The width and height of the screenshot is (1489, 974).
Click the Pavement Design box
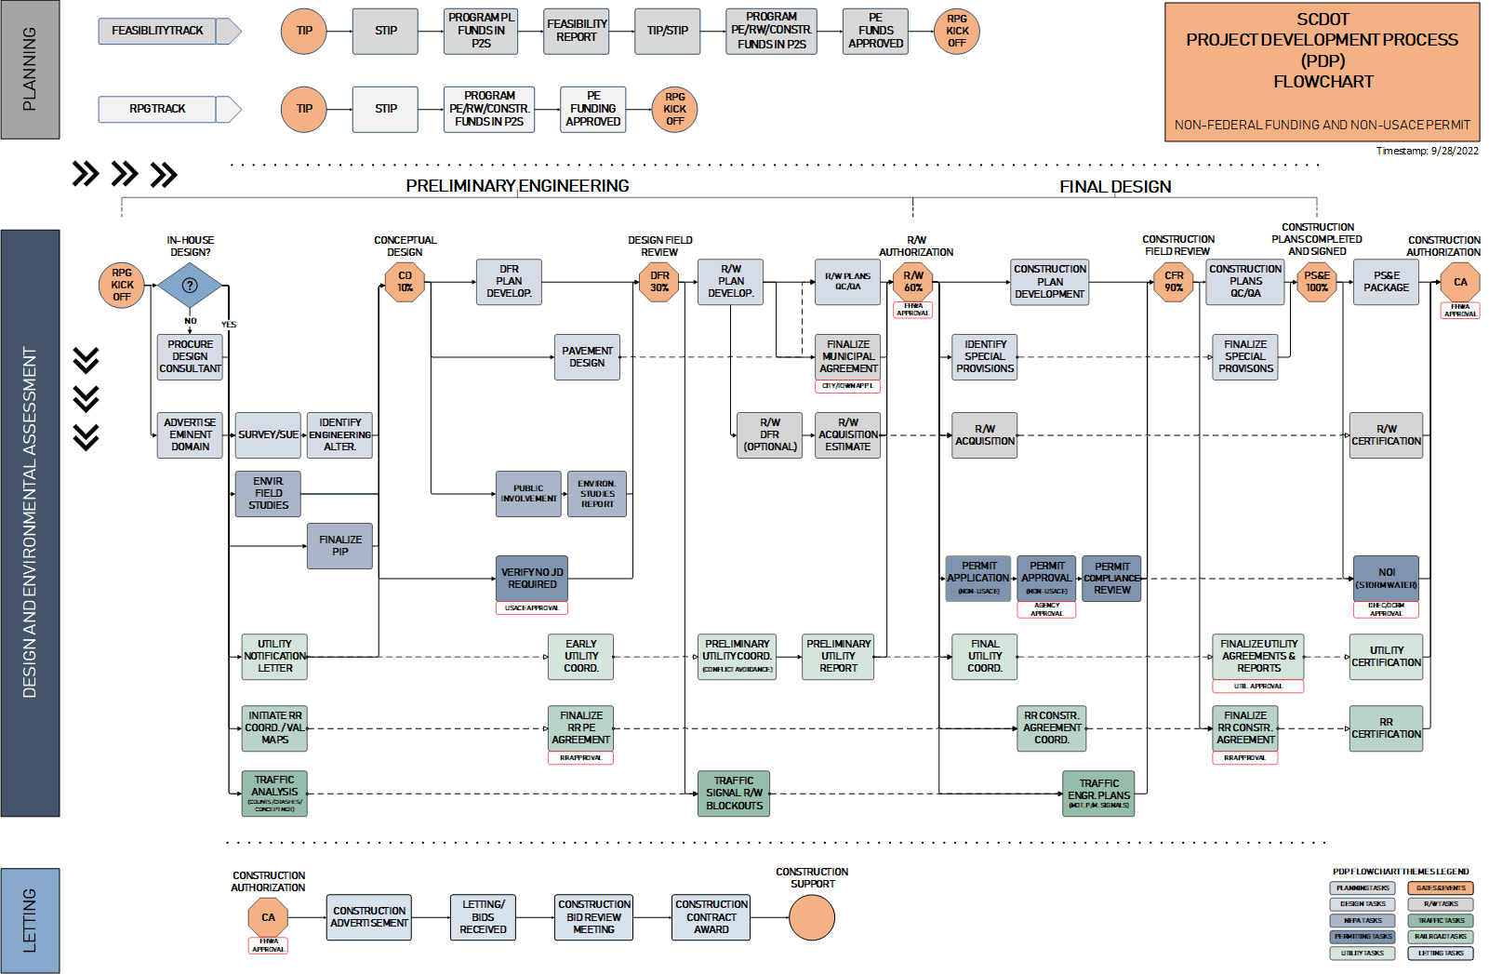point(587,357)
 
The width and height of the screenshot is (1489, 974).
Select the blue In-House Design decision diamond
point(190,286)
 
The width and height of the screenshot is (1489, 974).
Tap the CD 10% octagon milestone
point(405,282)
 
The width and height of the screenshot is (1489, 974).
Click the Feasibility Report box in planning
point(577,31)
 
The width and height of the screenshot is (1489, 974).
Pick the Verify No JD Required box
point(532,579)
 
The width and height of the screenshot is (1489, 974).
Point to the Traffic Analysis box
point(274,793)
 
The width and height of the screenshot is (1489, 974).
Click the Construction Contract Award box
point(711,916)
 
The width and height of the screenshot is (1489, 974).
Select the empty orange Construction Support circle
point(811,917)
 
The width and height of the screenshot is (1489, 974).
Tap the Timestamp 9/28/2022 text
point(1427,151)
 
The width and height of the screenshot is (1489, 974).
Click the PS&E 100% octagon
point(1317,282)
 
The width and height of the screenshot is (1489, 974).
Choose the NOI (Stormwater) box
point(1386,579)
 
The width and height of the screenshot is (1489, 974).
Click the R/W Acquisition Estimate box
point(847,434)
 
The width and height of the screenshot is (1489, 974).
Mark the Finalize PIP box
point(340,545)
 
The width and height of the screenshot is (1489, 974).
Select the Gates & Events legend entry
point(1440,887)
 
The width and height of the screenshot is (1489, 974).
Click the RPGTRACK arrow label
point(158,109)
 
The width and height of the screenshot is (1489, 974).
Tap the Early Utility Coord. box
point(580,656)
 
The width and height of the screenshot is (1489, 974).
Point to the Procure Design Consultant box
point(190,356)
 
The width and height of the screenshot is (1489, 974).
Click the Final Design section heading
point(1114,187)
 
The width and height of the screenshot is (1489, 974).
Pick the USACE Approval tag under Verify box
point(532,607)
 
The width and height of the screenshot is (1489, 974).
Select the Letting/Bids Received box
point(483,916)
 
